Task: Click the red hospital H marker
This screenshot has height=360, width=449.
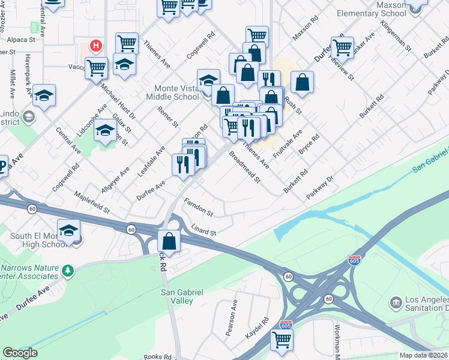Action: coord(95,46)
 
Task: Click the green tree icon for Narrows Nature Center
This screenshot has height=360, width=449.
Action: coord(68,271)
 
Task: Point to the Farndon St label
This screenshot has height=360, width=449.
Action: coord(199,207)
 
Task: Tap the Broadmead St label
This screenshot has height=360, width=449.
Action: coord(244,167)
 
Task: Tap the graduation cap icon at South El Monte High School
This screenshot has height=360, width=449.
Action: coord(69,231)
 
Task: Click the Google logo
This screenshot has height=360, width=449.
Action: coord(20,353)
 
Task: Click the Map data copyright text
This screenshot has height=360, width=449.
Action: coord(424,355)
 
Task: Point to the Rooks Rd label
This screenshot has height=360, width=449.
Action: coord(158,356)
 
